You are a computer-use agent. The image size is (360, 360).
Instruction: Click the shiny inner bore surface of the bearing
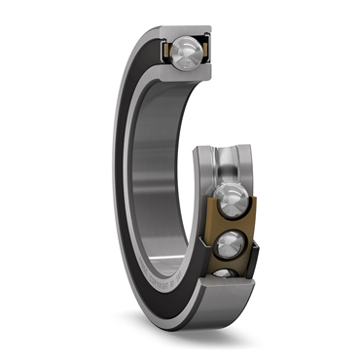coord(161,165)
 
